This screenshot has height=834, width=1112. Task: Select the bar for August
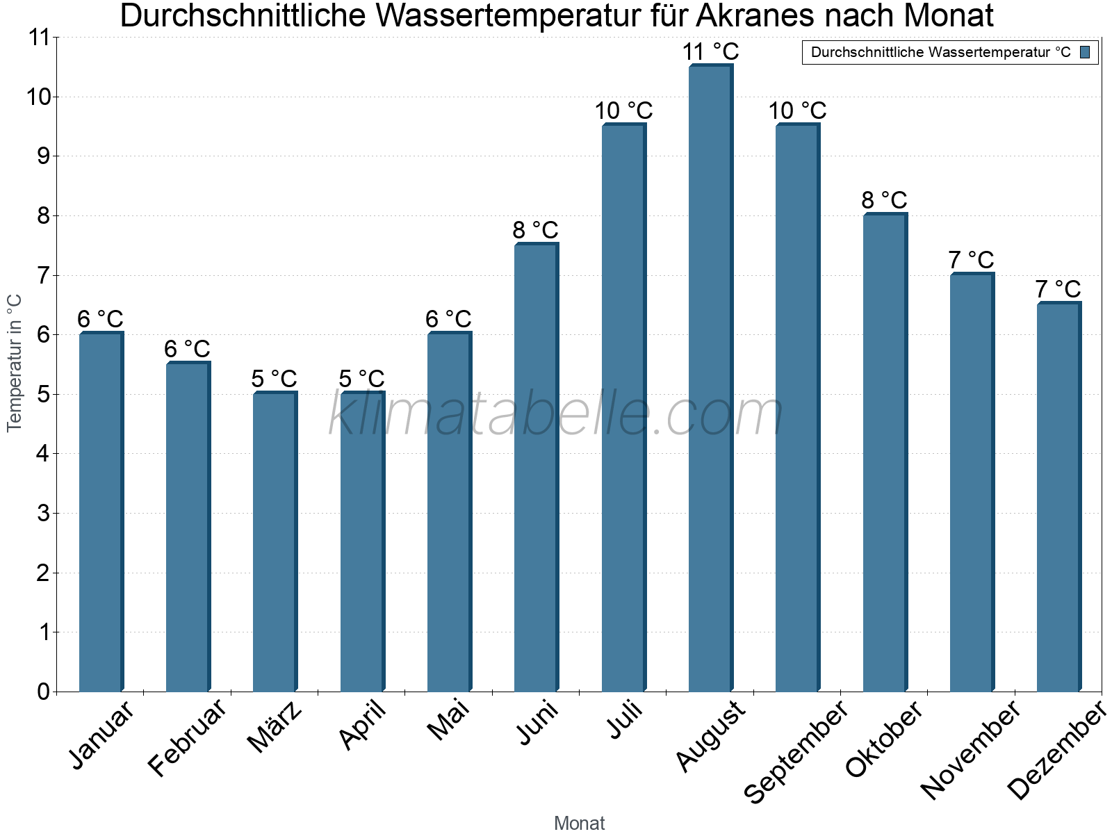pos(710,379)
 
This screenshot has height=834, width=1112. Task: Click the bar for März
pos(275,542)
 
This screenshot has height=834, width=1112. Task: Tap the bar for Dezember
pos(1058,497)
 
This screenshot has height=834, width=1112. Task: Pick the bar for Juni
pos(536,468)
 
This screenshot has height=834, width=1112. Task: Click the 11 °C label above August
pos(710,52)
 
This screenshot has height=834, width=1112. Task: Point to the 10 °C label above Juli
pos(623,111)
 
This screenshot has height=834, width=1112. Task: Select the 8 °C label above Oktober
pos(884,200)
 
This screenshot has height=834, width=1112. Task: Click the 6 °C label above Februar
pos(187,349)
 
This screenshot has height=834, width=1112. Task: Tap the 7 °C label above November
pos(971,260)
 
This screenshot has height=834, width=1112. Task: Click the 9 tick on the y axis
pos(43,156)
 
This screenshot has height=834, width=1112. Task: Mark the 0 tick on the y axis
pos(43,692)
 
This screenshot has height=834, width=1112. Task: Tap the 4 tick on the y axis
pos(43,454)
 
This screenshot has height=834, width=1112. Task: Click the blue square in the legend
pos(1086,52)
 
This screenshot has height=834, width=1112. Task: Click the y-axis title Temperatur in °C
pos(15,363)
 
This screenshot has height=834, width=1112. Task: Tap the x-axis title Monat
pos(579,823)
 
